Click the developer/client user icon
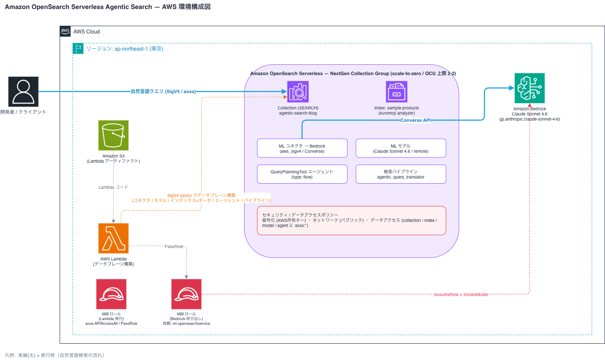point(23,91)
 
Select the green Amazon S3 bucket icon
point(113,135)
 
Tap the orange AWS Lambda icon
point(113,238)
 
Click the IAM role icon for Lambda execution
point(111,294)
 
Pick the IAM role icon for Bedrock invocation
point(186,294)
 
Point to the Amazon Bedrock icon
point(529,88)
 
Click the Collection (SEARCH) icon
point(298,91)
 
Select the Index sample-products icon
point(396,91)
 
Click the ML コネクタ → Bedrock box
point(302,148)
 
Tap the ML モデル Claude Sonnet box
point(401,148)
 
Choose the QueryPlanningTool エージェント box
point(302,174)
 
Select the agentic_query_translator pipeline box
point(401,174)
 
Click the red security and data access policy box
point(351,221)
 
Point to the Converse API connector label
point(415,120)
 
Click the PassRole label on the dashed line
point(174,246)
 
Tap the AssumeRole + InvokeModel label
point(461,294)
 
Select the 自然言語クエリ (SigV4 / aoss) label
point(163,91)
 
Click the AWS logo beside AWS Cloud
point(65,31)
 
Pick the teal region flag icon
point(78,48)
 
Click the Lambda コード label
point(113,187)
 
